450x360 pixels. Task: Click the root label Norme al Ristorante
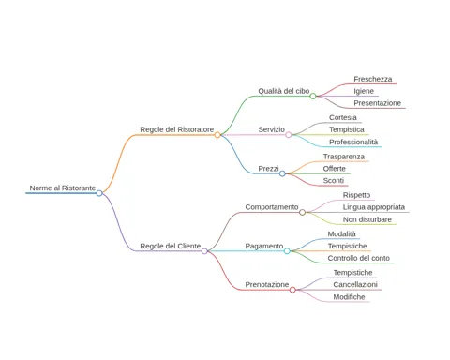(63, 187)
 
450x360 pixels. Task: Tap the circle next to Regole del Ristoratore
(217, 135)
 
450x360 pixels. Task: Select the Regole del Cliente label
(171, 246)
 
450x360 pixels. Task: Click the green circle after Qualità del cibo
(313, 97)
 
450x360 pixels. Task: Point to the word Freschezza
(373, 79)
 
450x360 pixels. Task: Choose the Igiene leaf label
(364, 91)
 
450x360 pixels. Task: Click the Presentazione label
(377, 103)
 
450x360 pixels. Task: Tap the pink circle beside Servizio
(289, 135)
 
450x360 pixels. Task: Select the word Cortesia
(343, 117)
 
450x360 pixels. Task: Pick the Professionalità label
(353, 142)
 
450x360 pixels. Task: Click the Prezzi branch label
(268, 169)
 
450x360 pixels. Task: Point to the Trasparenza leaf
(344, 157)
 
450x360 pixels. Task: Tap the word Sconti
(334, 181)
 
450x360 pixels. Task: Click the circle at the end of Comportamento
(302, 213)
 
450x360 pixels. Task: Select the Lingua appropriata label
(374, 207)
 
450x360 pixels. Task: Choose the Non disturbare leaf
(367, 219)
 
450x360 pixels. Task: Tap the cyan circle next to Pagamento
(287, 251)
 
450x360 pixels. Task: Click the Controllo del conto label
(359, 258)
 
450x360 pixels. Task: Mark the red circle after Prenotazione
(292, 290)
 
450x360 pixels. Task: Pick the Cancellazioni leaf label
(355, 285)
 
